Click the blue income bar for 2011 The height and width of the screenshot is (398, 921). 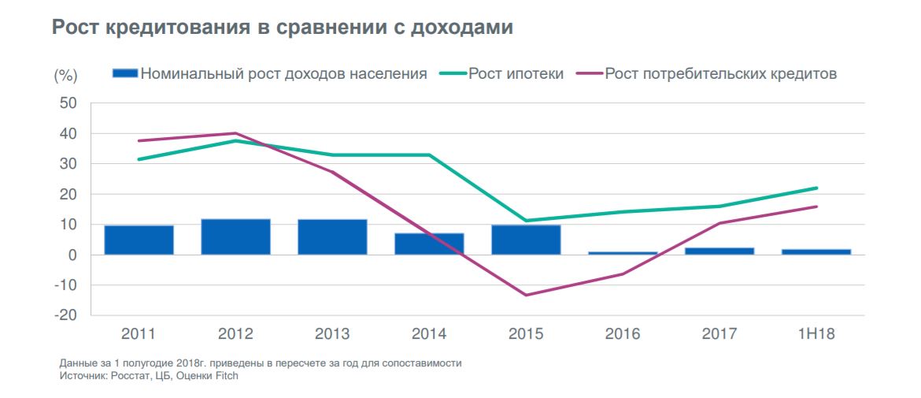pos(139,240)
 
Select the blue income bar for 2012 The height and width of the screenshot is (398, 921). pos(235,236)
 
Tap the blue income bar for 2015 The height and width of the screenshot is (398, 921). pos(526,240)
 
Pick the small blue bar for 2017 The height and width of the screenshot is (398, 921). pos(719,251)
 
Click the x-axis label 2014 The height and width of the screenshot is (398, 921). pos(429,333)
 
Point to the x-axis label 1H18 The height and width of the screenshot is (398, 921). pos(816,333)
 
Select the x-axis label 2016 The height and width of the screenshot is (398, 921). pos(623,333)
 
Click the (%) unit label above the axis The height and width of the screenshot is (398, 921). pos(65,76)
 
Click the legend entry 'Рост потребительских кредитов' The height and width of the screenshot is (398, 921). pos(720,74)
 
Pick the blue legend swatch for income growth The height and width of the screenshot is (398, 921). pos(124,73)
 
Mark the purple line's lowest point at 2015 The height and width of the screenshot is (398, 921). pos(525,295)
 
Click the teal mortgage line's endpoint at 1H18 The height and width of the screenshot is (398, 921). pos(816,188)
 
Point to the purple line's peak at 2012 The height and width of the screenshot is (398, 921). pos(235,133)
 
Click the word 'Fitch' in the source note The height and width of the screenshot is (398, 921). pos(224,376)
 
